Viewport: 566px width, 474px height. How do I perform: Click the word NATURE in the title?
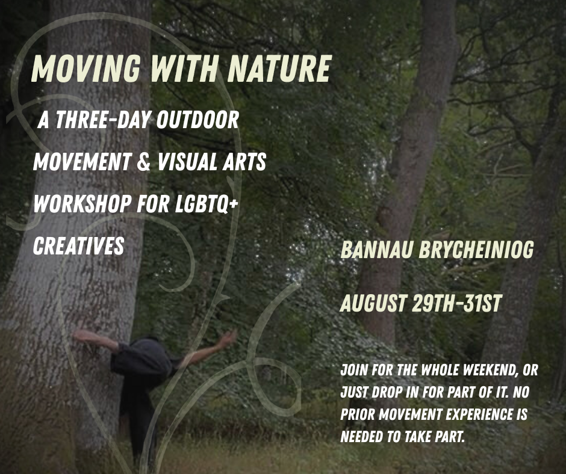coord(279,69)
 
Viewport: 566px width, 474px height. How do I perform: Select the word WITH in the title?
coord(184,69)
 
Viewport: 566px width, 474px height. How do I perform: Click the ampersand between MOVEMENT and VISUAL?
coord(144,162)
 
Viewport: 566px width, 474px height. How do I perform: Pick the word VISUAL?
coord(186,162)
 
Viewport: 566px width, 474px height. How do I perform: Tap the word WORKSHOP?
coord(82,203)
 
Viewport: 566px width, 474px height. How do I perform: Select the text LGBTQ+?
coord(207,203)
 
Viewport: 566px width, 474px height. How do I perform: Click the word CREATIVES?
coord(78,245)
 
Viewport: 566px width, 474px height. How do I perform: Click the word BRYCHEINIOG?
coord(476,250)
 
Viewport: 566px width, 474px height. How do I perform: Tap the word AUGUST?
coord(373,303)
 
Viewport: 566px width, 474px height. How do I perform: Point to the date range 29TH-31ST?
coord(457,303)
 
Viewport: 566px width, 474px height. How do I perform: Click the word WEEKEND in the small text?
coord(490,370)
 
